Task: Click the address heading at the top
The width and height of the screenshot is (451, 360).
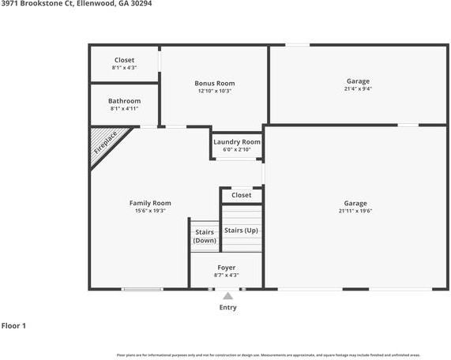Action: point(77,4)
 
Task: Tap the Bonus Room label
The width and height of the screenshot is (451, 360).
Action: point(215,83)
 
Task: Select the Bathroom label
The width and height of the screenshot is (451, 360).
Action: point(125,101)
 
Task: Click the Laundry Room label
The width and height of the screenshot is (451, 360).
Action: point(237,141)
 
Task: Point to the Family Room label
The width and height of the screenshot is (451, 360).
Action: point(150,203)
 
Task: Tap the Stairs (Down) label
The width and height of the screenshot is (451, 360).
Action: point(205,236)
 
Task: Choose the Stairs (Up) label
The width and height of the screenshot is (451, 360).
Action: point(241,230)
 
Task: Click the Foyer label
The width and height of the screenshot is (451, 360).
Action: point(227,268)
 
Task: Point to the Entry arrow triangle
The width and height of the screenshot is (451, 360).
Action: point(227,296)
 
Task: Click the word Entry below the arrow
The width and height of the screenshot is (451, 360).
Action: point(227,307)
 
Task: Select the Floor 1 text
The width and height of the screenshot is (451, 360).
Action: point(14,325)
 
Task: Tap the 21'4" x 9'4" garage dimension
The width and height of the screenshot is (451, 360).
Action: point(358,89)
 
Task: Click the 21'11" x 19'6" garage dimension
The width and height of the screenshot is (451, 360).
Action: point(355,211)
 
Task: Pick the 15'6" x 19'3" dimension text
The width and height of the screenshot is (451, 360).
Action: point(150,211)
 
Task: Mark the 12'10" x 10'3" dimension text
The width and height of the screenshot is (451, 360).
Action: point(215,91)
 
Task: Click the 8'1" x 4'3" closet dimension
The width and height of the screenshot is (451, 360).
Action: point(125,68)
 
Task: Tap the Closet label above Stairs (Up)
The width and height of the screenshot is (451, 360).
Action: point(242,195)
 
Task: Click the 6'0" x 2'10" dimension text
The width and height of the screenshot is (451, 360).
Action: point(237,149)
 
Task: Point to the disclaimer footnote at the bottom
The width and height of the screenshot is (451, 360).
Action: point(269,355)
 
